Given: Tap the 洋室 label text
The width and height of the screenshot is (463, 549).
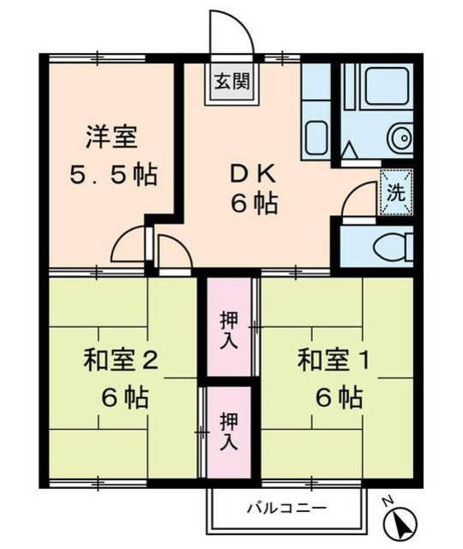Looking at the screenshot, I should (110, 136).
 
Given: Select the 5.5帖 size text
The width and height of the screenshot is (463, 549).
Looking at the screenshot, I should (112, 175).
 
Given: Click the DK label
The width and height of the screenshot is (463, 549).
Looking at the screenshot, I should (252, 172).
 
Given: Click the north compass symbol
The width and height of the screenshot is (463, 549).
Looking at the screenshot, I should (400, 521).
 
